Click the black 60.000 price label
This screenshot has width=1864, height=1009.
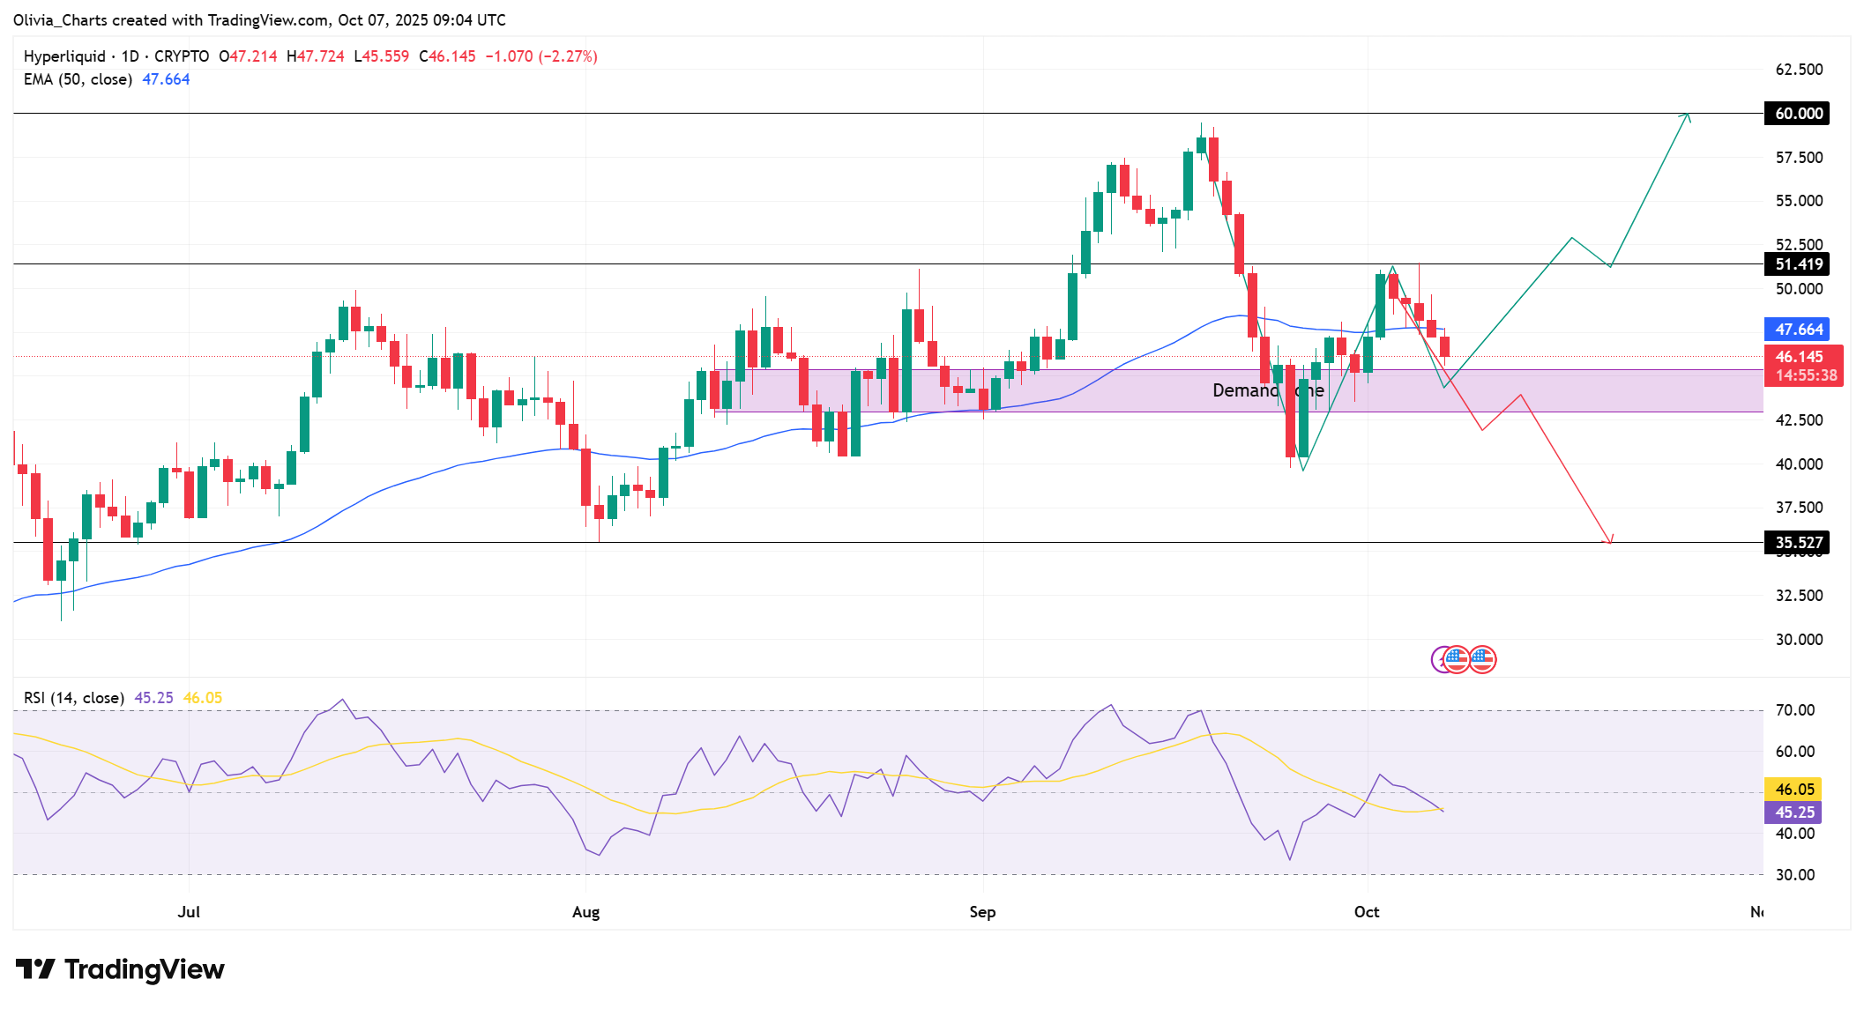(1797, 114)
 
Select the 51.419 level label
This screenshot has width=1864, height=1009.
(1797, 264)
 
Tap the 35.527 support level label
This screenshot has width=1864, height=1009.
(1797, 543)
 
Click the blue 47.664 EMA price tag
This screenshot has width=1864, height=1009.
(1797, 330)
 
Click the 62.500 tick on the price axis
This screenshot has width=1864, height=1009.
(1799, 70)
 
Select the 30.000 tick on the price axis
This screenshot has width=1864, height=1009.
(1799, 640)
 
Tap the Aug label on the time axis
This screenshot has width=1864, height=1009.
(585, 912)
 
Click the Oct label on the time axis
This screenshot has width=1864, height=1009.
(1367, 912)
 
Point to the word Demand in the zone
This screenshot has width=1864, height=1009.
(1244, 390)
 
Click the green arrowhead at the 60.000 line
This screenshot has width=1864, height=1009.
(1686, 115)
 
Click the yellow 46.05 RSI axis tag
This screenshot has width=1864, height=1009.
(1793, 790)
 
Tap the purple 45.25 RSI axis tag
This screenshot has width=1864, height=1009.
(1793, 812)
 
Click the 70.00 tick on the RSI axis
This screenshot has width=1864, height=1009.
(1794, 710)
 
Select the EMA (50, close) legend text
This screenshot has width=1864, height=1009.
(78, 79)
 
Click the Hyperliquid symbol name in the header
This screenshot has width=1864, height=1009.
(64, 56)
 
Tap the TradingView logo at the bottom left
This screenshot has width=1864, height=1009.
(121, 969)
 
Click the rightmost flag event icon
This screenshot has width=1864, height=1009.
(1482, 659)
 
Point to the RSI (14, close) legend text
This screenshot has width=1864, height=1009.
(74, 698)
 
